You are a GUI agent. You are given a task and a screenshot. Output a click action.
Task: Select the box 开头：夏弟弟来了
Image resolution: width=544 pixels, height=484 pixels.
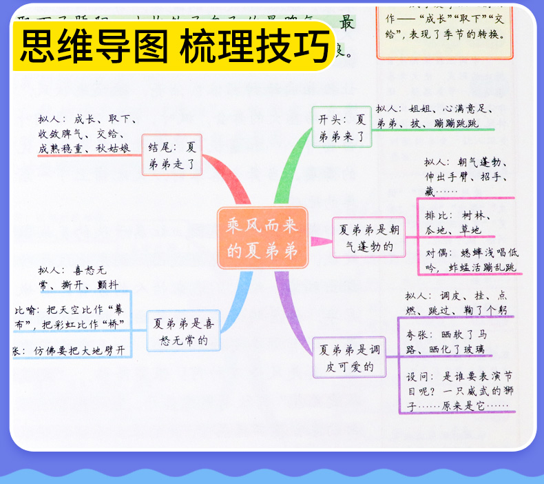(x=341, y=126)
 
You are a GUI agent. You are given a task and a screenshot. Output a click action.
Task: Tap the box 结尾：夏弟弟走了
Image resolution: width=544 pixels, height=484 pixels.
(x=171, y=154)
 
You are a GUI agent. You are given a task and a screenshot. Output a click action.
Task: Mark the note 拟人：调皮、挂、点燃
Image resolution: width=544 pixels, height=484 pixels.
(x=458, y=303)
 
